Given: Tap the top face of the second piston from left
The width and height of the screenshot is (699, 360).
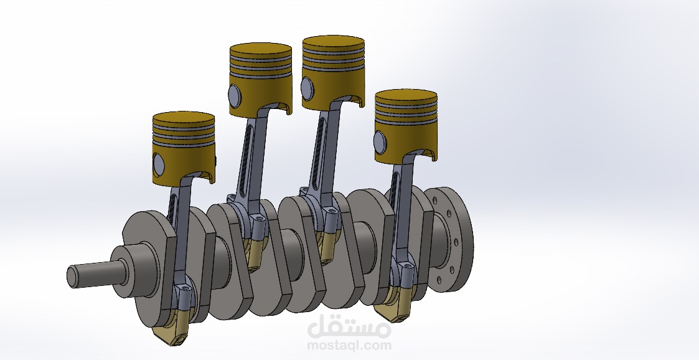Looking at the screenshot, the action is tap(261, 49).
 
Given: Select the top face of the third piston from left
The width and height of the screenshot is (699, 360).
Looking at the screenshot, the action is tap(334, 42).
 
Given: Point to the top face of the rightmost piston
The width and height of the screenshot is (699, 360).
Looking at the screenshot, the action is tap(406, 96).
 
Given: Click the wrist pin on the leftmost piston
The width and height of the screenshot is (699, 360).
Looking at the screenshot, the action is tap(158, 164).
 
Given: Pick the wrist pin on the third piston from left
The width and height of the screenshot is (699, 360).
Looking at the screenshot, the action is tap(307, 88).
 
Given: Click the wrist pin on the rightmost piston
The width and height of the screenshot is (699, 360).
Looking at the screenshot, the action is tap(380, 143).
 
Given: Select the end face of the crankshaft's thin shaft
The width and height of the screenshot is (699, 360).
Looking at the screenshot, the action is tap(72, 277).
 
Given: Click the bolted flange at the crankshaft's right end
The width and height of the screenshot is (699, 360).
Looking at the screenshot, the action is tap(449, 240).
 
